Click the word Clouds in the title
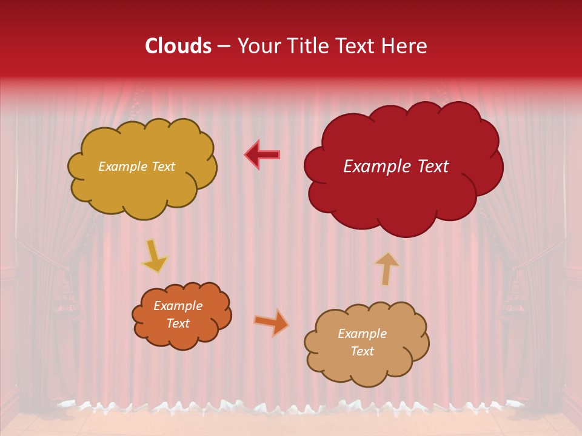(178, 46)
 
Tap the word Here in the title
(404, 46)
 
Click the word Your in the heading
(259, 46)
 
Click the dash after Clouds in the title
(224, 47)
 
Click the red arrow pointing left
(263, 154)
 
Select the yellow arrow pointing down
(155, 257)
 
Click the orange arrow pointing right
(271, 322)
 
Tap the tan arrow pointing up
(387, 268)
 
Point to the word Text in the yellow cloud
(163, 167)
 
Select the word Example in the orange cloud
(178, 306)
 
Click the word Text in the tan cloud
(362, 351)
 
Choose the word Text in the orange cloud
(178, 323)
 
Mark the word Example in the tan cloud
(362, 334)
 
